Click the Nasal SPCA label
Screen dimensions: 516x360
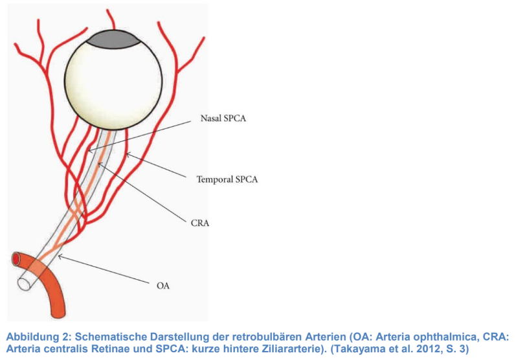[223, 118]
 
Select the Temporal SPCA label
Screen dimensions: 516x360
[227, 179]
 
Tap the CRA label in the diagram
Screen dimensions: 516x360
[200, 223]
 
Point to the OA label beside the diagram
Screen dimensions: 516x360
[163, 286]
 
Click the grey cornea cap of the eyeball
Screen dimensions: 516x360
[113, 39]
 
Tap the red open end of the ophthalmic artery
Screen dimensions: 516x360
[16, 258]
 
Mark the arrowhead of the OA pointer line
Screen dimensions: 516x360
[60, 256]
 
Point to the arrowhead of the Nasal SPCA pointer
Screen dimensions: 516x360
[90, 151]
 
